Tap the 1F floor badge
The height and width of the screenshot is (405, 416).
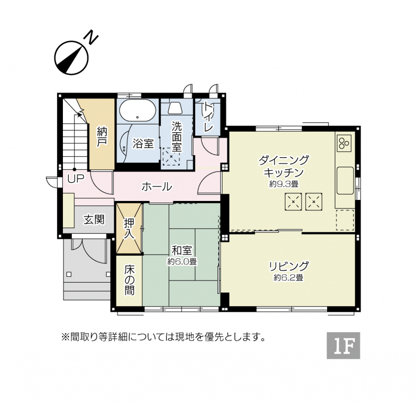343,346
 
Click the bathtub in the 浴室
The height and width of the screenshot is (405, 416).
137,111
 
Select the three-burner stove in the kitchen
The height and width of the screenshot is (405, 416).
344,142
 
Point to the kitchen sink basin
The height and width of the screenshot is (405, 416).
345,181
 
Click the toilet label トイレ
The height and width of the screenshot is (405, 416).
208,117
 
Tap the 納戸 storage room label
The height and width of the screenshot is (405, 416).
102,136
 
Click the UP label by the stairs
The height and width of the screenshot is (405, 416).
76,179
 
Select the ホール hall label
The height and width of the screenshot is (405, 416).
157,186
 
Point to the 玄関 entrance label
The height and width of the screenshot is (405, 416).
94,220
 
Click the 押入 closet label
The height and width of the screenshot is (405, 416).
129,229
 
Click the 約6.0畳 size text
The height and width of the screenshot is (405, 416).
181,262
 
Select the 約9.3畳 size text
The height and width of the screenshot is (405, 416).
284,184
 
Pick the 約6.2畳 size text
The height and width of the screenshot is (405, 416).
289,277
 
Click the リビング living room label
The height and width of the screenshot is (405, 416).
289,266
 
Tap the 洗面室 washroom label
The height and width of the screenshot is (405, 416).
176,136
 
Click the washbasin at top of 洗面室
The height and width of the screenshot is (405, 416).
175,108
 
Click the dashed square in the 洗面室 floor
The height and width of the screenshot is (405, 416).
171,156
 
